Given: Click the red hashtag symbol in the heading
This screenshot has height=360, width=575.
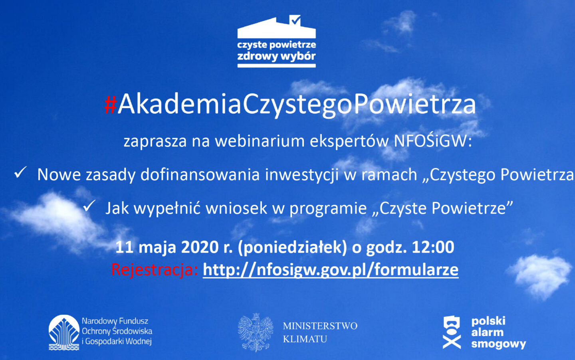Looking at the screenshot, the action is [x=111, y=105].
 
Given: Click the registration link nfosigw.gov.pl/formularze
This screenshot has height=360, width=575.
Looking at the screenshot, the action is [x=331, y=270].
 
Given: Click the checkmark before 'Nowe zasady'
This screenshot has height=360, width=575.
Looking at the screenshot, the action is [x=20, y=172].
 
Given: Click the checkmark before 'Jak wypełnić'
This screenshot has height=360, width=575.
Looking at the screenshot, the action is [x=89, y=206].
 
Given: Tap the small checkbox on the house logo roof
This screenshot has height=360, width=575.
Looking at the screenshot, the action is [x=295, y=20].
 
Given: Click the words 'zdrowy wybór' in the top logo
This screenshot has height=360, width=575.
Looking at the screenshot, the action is [x=276, y=56].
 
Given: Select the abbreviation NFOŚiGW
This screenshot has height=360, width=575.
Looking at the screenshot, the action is [x=433, y=141].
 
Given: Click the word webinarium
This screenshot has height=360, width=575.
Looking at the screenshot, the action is [x=260, y=141].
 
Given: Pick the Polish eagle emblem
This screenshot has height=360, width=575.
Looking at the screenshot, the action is [x=256, y=332].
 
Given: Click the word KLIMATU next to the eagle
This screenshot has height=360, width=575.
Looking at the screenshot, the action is [x=305, y=339].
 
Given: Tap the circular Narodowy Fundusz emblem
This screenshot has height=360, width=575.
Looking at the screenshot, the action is [x=64, y=332].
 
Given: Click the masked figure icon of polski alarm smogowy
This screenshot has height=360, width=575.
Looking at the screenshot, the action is [x=452, y=332].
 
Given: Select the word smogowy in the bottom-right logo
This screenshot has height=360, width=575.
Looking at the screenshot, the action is [x=498, y=344].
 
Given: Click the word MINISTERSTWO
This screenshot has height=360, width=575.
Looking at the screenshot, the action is [x=320, y=326].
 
